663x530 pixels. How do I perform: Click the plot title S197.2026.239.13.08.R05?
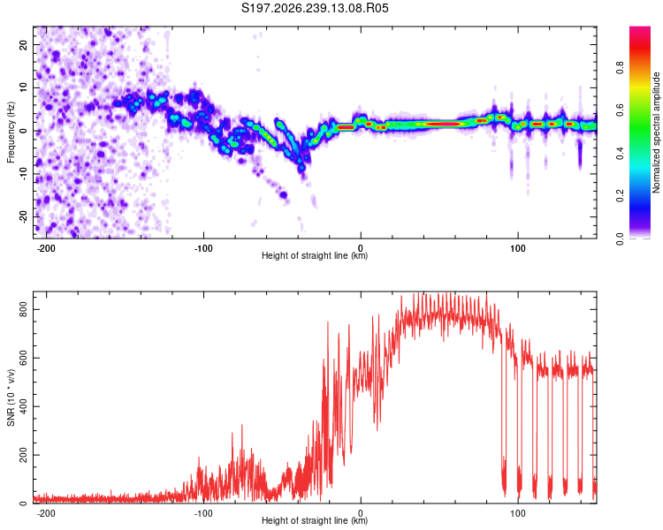(x=315, y=8)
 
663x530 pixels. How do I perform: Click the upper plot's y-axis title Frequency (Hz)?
(x=11, y=132)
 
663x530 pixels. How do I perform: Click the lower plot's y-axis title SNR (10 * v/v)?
(x=11, y=397)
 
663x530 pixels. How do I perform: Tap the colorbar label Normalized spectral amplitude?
(x=656, y=132)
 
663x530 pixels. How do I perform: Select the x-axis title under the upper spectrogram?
(x=315, y=255)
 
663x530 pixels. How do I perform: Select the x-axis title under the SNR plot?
(x=315, y=520)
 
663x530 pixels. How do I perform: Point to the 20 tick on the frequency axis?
(x=23, y=44)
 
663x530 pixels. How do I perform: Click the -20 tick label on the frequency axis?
(x=23, y=216)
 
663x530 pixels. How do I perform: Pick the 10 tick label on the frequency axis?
(x=23, y=87)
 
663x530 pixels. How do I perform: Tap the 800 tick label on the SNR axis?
(x=23, y=310)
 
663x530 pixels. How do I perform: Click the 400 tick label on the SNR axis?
(x=23, y=406)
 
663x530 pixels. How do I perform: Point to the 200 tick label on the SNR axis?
(x=23, y=455)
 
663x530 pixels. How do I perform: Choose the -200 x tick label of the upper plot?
(x=46, y=248)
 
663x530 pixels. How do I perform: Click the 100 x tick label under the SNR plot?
(x=517, y=513)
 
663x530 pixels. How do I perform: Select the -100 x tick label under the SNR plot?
(x=203, y=513)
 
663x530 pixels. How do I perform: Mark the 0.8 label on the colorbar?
(x=620, y=68)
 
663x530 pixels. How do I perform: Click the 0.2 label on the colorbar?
(x=620, y=196)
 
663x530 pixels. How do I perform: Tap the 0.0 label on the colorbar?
(x=620, y=238)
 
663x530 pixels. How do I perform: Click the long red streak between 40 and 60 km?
(x=442, y=125)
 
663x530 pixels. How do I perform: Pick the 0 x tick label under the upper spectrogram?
(x=361, y=248)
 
